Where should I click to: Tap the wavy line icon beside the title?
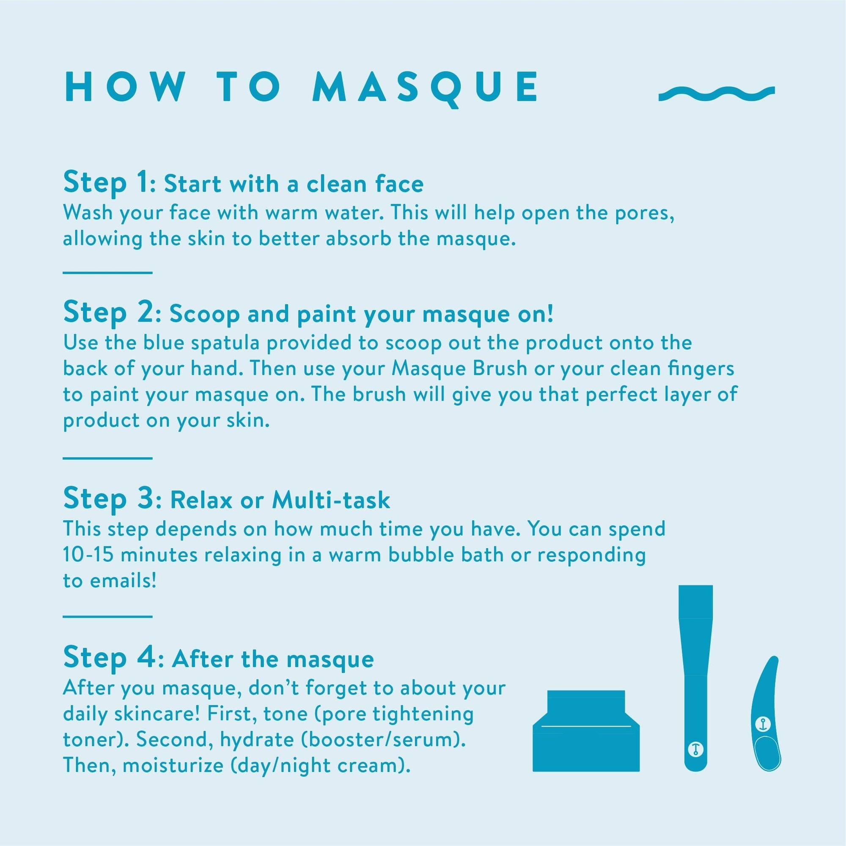coord(717,93)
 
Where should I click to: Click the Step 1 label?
coord(106,183)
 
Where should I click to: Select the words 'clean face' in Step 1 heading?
coord(365,184)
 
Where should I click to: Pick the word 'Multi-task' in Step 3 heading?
coord(331,500)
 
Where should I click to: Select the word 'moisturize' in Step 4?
coord(173,766)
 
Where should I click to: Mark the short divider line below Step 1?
coord(107,273)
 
